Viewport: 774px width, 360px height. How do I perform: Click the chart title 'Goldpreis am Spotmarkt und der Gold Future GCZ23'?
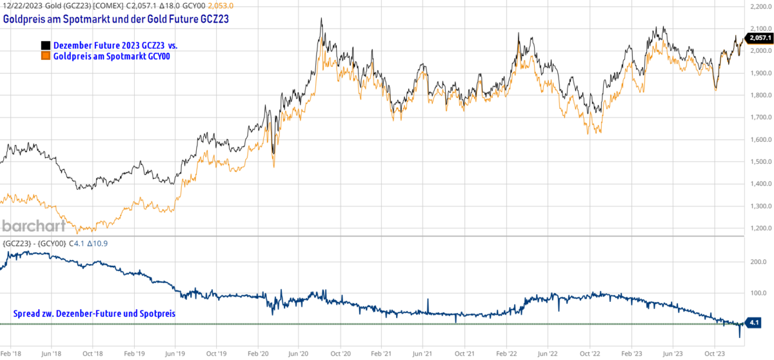116,19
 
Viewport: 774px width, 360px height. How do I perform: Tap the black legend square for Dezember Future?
45,46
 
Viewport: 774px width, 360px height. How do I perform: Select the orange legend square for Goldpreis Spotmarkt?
45,56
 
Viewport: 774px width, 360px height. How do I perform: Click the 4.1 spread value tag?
754,321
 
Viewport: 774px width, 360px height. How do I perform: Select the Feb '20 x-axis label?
257,354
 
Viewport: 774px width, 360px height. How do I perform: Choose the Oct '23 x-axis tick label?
714,354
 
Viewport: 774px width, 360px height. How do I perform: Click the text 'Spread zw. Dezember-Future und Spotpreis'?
94,314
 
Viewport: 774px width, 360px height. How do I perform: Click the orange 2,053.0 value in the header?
221,5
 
